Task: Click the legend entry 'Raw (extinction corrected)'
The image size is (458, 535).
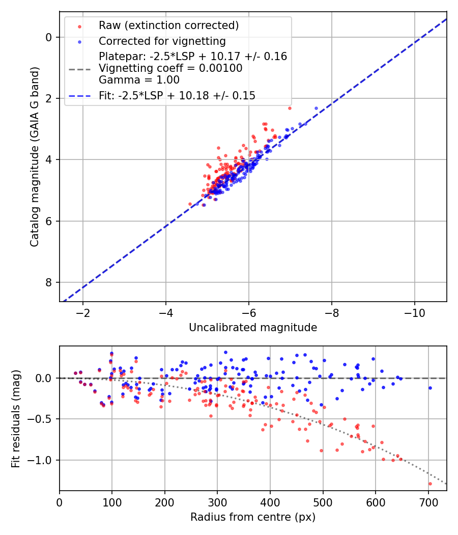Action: coord(168,25)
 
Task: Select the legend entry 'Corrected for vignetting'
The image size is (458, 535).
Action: coord(162,41)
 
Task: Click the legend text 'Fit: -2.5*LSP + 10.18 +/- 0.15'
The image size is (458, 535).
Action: coord(177,95)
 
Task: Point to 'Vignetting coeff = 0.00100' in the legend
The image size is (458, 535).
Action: coord(170,68)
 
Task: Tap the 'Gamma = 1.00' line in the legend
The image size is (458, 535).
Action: coord(139,79)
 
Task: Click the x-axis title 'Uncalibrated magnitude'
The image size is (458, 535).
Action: coord(253,328)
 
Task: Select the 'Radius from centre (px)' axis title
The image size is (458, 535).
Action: coord(253,517)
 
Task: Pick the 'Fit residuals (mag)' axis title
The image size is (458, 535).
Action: coord(16,419)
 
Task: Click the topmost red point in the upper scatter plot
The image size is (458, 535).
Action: coord(290,108)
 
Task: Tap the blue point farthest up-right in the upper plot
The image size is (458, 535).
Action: coord(316,108)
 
